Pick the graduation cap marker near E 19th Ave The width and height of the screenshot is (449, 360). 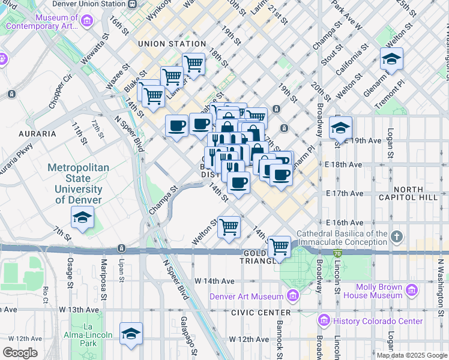coord(340,128)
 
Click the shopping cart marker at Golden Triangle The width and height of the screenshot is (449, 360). coord(279,246)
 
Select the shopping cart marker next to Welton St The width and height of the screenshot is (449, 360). coord(229,227)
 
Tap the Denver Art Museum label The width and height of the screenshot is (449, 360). coord(246,296)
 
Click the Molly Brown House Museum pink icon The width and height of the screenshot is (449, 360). coord(412,291)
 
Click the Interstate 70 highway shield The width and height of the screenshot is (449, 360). coord(338,253)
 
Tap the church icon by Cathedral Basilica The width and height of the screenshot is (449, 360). coord(396,237)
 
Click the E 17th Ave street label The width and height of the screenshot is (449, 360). coord(345,193)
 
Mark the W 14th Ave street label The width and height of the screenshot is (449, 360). coord(214,281)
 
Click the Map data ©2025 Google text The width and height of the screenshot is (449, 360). coord(412,355)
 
